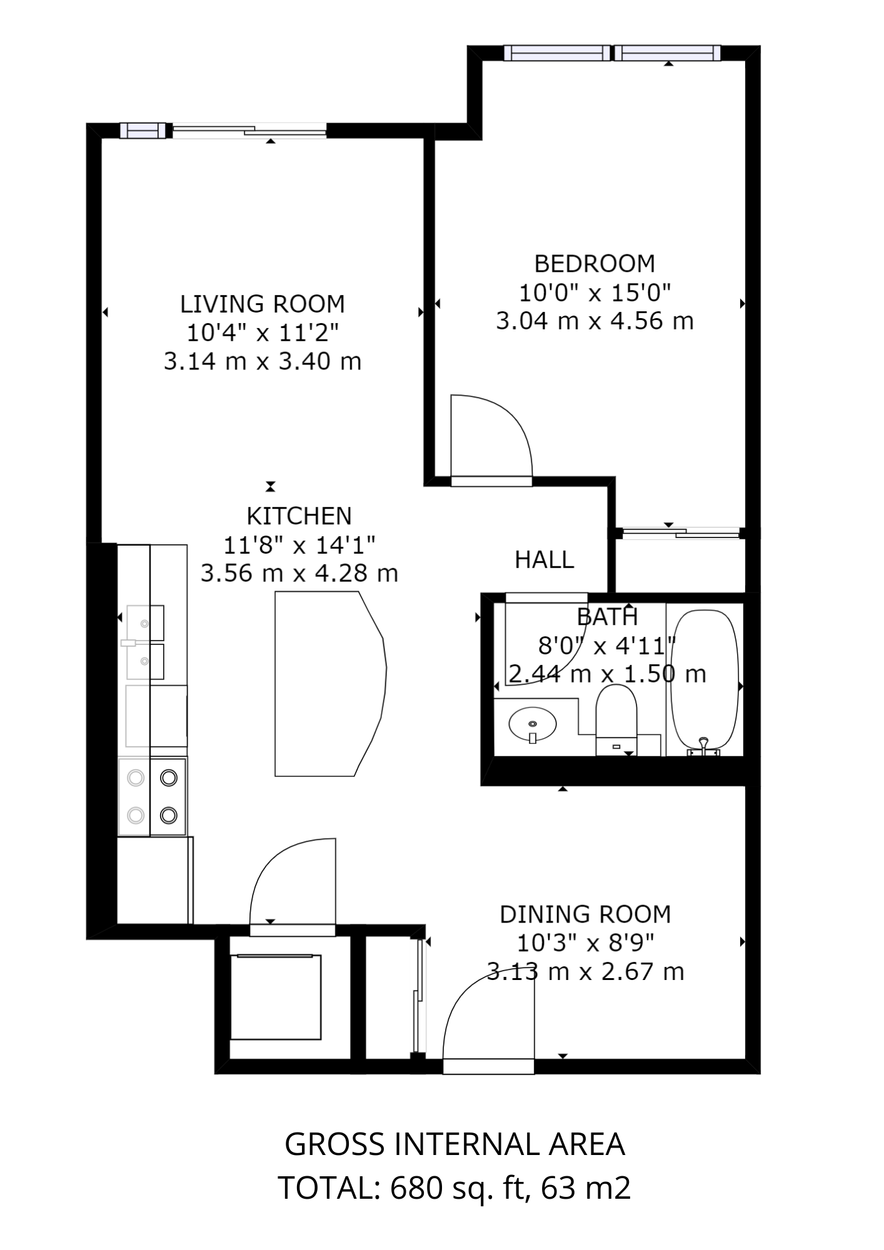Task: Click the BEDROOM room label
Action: [594, 264]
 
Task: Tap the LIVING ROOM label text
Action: [263, 304]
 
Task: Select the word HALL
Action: [544, 560]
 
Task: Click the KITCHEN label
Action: [299, 516]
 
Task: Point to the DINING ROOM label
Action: [585, 914]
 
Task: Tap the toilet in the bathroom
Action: [616, 716]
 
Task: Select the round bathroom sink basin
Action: [533, 724]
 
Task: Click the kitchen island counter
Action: [325, 684]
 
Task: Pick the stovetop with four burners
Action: [153, 796]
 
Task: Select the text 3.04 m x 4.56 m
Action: [595, 321]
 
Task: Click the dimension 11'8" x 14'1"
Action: [299, 545]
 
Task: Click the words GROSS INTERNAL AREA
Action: [455, 1144]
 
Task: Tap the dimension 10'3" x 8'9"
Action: [585, 943]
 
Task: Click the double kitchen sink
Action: [145, 642]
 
